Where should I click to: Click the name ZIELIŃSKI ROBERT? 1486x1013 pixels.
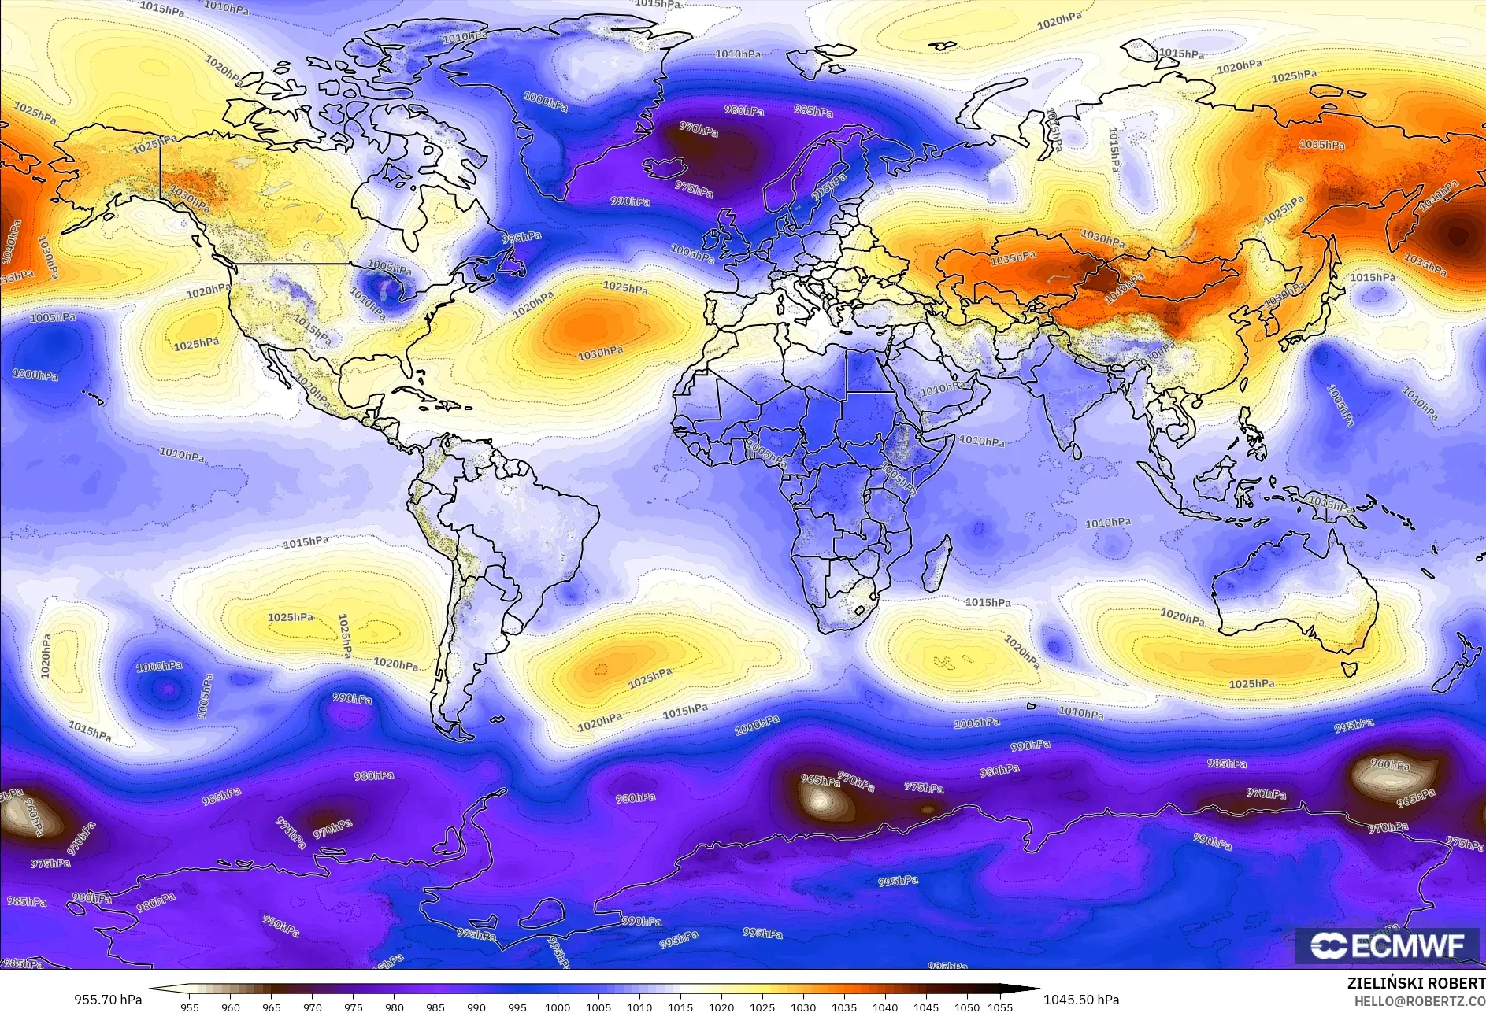(1416, 983)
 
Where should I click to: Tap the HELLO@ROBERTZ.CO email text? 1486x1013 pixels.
(1419, 1000)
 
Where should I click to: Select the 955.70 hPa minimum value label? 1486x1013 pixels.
(109, 999)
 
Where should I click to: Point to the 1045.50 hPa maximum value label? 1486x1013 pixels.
(1080, 999)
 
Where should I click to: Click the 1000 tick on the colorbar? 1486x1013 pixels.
(558, 1007)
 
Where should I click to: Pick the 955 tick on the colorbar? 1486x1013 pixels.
(190, 1007)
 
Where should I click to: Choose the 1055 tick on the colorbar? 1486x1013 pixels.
(999, 1007)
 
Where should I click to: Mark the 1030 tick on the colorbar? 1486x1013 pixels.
(803, 1007)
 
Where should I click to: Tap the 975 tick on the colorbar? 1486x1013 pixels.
(354, 1007)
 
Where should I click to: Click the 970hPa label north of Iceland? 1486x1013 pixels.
(699, 128)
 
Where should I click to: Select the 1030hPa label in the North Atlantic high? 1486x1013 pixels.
(600, 353)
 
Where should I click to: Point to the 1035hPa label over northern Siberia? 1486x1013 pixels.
(1321, 145)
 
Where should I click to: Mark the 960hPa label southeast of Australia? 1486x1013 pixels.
(1390, 764)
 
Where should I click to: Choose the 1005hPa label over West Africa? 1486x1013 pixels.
(765, 454)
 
